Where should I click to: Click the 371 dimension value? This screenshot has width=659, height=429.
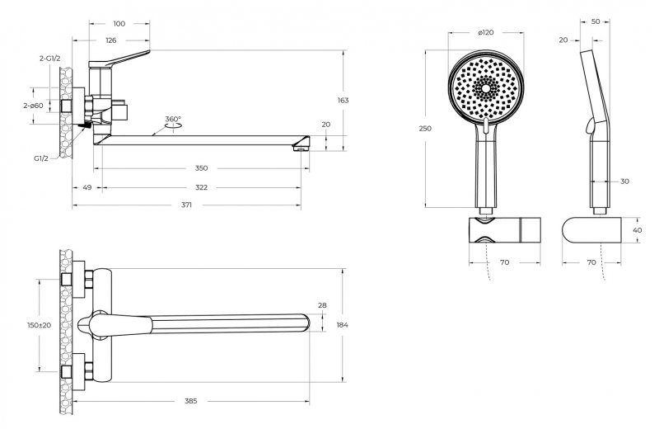click(186, 205)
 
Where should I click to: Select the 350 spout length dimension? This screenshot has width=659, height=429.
click(201, 168)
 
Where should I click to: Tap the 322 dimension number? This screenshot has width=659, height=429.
click(201, 187)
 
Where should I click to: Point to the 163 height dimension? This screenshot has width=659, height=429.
click(343, 100)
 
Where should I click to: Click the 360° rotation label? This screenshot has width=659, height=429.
click(173, 119)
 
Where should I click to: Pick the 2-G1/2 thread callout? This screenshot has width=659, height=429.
click(50, 59)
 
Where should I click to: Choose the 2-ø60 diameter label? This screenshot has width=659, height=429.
click(33, 106)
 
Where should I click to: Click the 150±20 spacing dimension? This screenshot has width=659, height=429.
click(39, 325)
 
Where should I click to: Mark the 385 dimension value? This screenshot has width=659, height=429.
click(191, 401)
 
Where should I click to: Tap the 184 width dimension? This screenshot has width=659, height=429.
click(343, 325)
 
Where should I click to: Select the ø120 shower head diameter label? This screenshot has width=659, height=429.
click(486, 32)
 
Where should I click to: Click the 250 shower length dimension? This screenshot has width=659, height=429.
click(425, 129)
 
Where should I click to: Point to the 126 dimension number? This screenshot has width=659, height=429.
click(111, 40)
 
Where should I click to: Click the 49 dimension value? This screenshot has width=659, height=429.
click(87, 187)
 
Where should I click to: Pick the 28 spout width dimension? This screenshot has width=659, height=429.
click(322, 305)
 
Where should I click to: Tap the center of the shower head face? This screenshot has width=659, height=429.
click(486, 88)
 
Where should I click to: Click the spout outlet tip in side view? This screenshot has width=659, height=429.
click(300, 147)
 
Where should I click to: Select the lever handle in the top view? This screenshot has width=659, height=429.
click(115, 325)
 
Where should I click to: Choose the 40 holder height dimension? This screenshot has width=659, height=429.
click(637, 230)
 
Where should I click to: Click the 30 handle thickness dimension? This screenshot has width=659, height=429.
click(624, 181)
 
